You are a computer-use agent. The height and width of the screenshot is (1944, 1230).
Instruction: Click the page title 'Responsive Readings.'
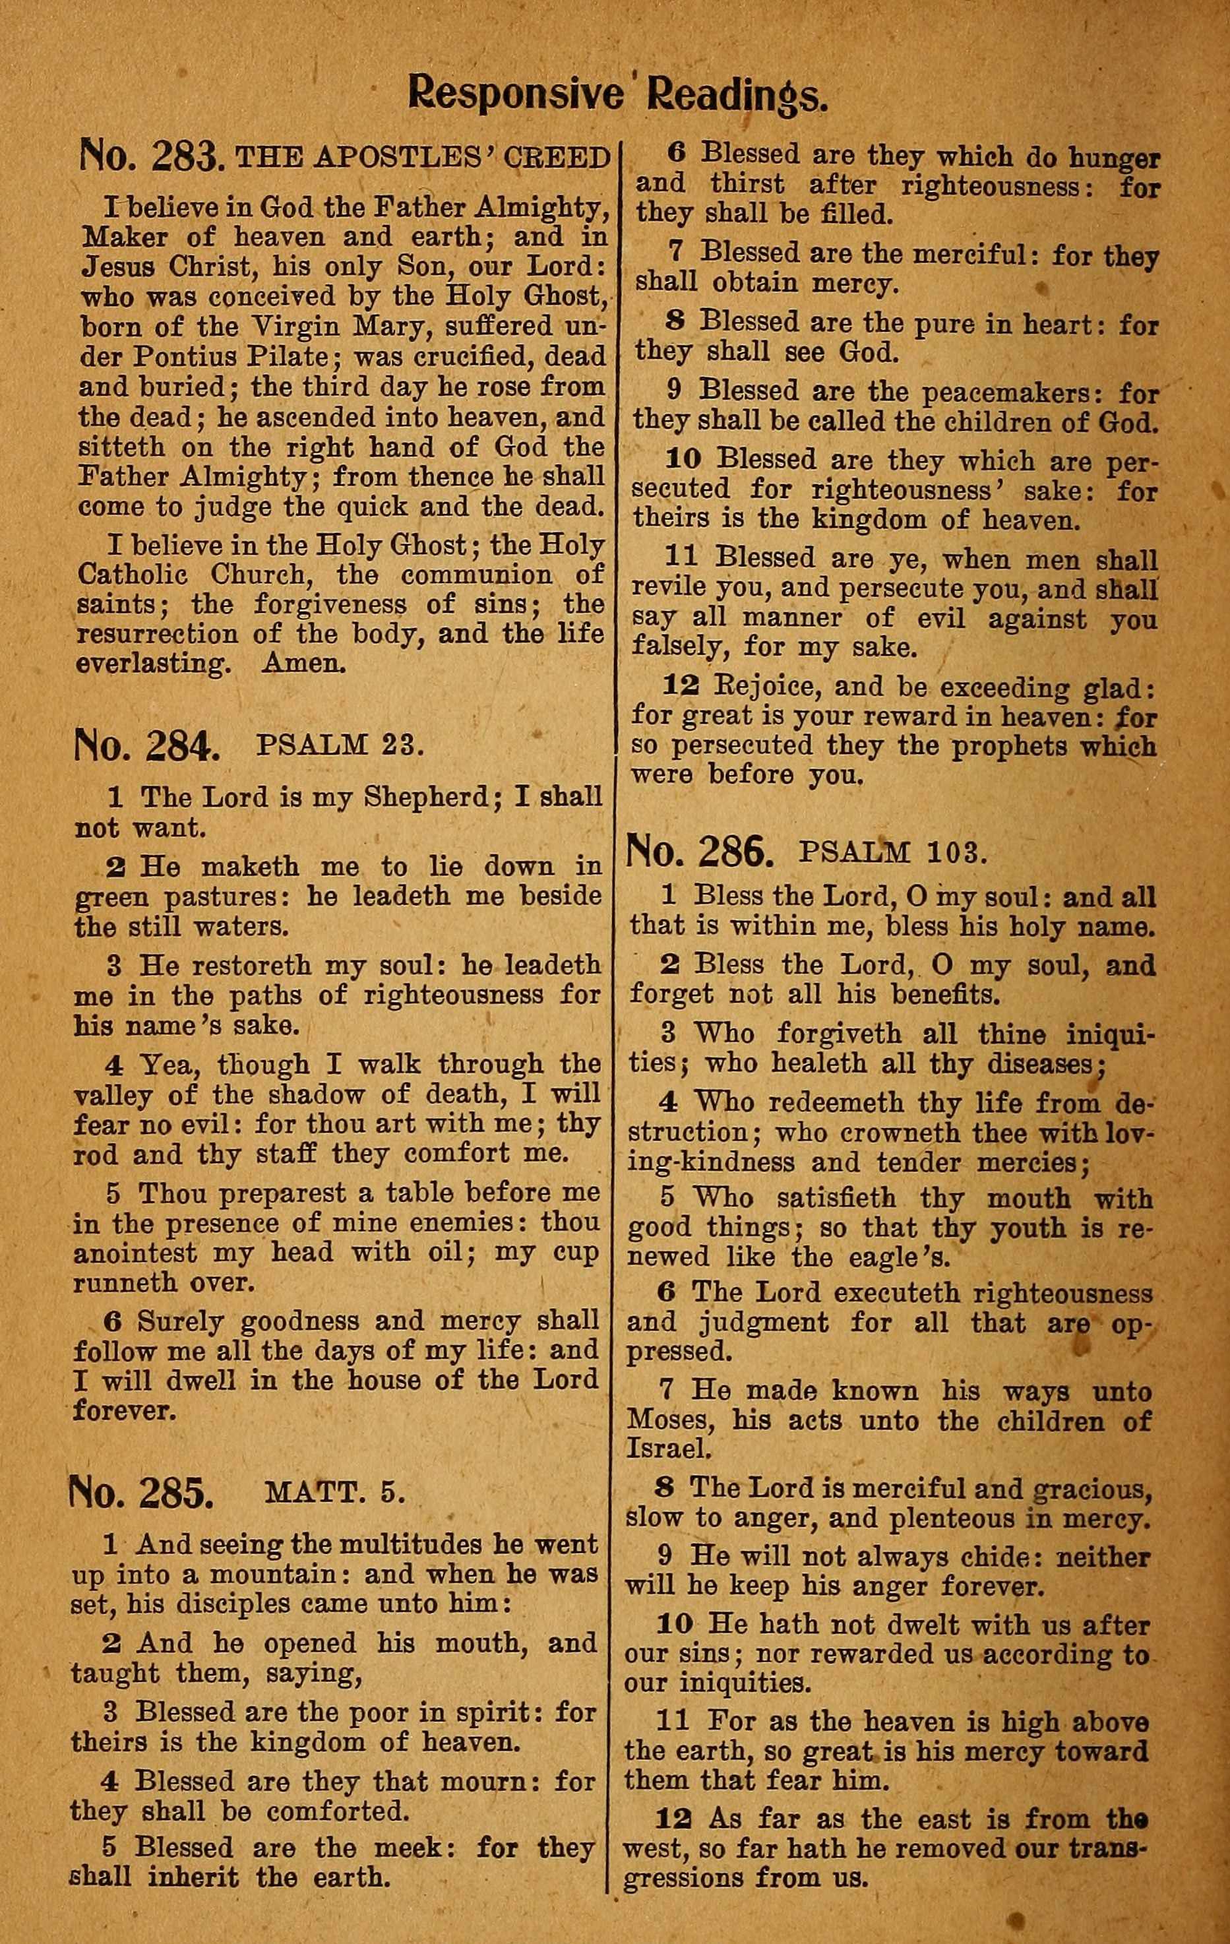pyautogui.click(x=617, y=94)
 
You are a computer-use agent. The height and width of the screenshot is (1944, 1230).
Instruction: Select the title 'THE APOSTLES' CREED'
pyautogui.click(x=422, y=158)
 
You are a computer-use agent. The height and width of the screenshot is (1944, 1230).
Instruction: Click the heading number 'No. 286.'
pyautogui.click(x=700, y=852)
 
